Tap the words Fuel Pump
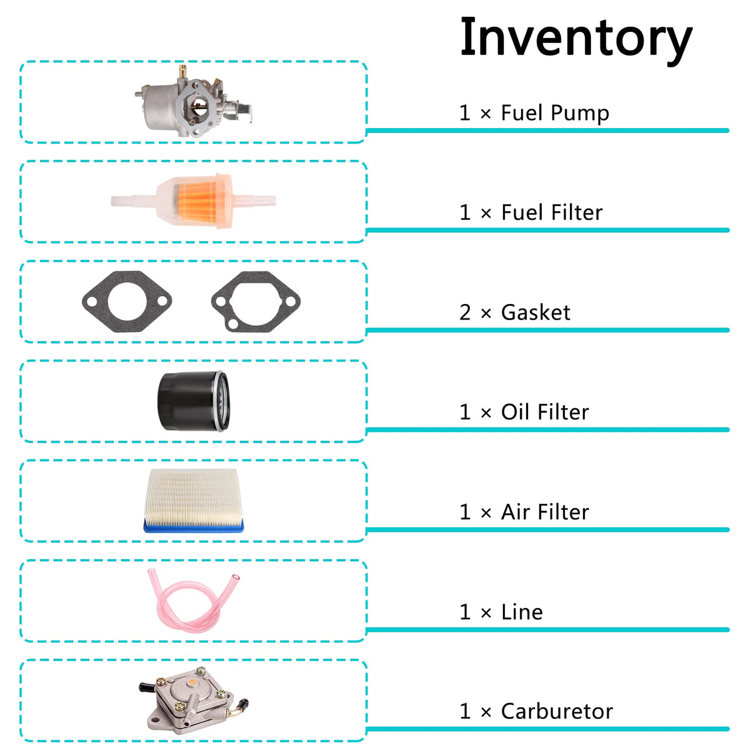coord(555,114)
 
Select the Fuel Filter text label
coord(552,213)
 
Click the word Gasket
coord(536,313)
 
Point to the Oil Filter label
coord(545,412)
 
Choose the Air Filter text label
coord(545,512)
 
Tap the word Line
coord(522,612)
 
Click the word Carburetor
coord(557,712)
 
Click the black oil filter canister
coord(193,401)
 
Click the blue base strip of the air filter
coord(193,526)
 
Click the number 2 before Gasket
coord(465,313)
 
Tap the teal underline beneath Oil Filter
coord(547,429)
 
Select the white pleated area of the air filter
coord(193,494)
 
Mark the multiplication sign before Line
coord(486,614)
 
